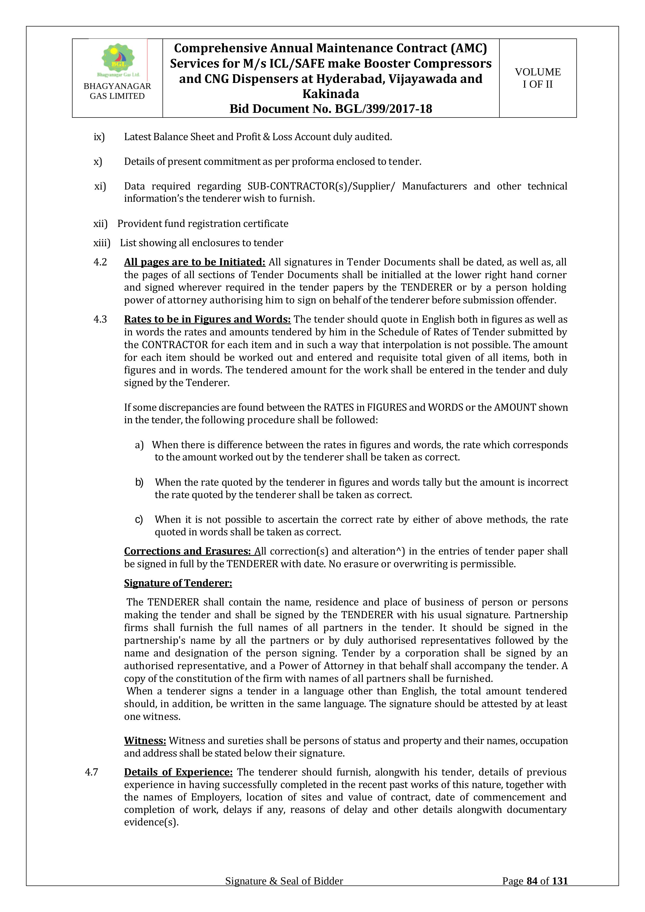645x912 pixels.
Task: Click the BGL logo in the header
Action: pyautogui.click(x=118, y=60)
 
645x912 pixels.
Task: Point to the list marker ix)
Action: pyautogui.click(x=99, y=137)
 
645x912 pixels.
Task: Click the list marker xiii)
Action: pyautogui.click(x=102, y=243)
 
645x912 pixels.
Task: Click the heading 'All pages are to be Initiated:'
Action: pyautogui.click(x=195, y=262)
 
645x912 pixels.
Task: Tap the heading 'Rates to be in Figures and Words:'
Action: pyautogui.click(x=207, y=319)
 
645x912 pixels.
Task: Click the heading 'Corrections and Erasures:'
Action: pyautogui.click(x=187, y=551)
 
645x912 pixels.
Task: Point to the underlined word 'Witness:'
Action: pyautogui.click(x=145, y=740)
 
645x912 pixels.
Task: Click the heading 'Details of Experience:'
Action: pyautogui.click(x=178, y=772)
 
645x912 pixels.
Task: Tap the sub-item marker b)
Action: pyautogui.click(x=139, y=482)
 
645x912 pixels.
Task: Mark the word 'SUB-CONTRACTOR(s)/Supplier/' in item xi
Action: pyautogui.click(x=321, y=186)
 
